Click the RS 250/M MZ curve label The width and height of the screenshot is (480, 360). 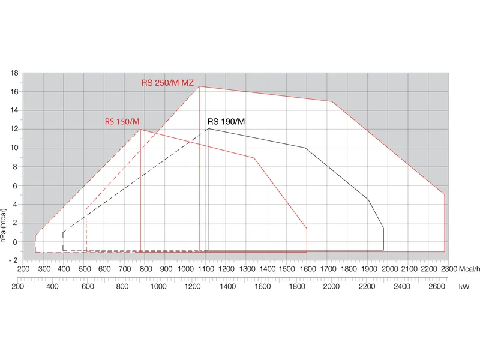point(167,83)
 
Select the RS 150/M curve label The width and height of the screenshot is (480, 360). point(122,122)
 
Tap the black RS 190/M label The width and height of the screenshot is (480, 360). point(226,122)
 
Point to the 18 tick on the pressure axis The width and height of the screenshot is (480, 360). point(14,73)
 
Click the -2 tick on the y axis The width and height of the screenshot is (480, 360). point(13,260)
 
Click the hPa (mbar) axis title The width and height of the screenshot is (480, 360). point(4,226)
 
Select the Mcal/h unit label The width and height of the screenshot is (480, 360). point(469,269)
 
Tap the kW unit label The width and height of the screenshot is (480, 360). point(464,287)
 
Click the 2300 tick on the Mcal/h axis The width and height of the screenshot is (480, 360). point(449,269)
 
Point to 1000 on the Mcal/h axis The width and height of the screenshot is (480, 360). point(185,269)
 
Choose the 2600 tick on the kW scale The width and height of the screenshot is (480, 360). point(437,287)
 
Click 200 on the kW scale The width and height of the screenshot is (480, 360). point(18,287)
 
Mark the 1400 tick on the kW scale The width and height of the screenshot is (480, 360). point(228,287)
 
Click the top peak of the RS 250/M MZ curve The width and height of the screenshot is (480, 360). point(199,86)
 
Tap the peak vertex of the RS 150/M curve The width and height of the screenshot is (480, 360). point(140,130)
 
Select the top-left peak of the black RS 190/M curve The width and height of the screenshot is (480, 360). point(208,128)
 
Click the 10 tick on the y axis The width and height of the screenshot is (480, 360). point(14,148)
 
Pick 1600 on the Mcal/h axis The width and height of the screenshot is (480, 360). point(307,269)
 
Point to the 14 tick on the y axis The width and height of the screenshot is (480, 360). point(14,110)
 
